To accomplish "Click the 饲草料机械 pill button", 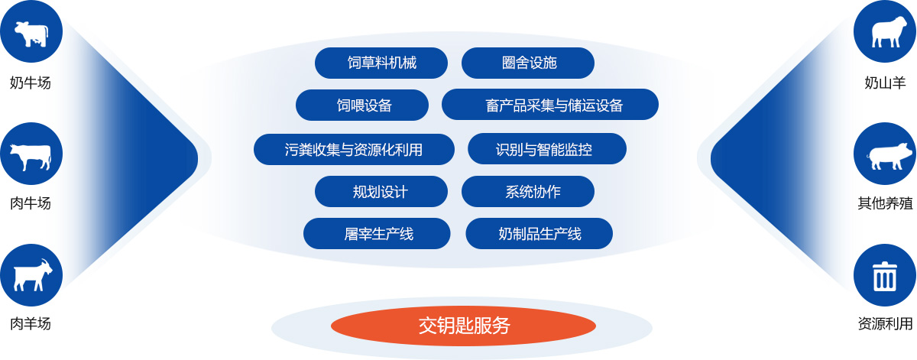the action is pos(381,63).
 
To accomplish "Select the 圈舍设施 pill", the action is pos(528,63).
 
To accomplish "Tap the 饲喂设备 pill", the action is pos(362,105).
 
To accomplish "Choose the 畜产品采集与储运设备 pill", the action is pos(550,105).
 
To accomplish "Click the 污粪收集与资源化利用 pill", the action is pos(354,150).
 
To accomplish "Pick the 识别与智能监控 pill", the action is pos(547,149).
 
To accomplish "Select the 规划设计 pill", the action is pos(381,192).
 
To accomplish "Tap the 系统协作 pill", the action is pos(528,192).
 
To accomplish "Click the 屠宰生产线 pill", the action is pos(377,233).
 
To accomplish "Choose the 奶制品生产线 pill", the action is pos(540,233).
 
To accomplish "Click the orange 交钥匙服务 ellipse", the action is pos(463,326).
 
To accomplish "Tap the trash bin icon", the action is pos(885,275).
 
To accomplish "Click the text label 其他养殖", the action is pos(885,203).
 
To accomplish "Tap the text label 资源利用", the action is pos(885,323).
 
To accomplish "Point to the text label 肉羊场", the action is pos(31,323).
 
